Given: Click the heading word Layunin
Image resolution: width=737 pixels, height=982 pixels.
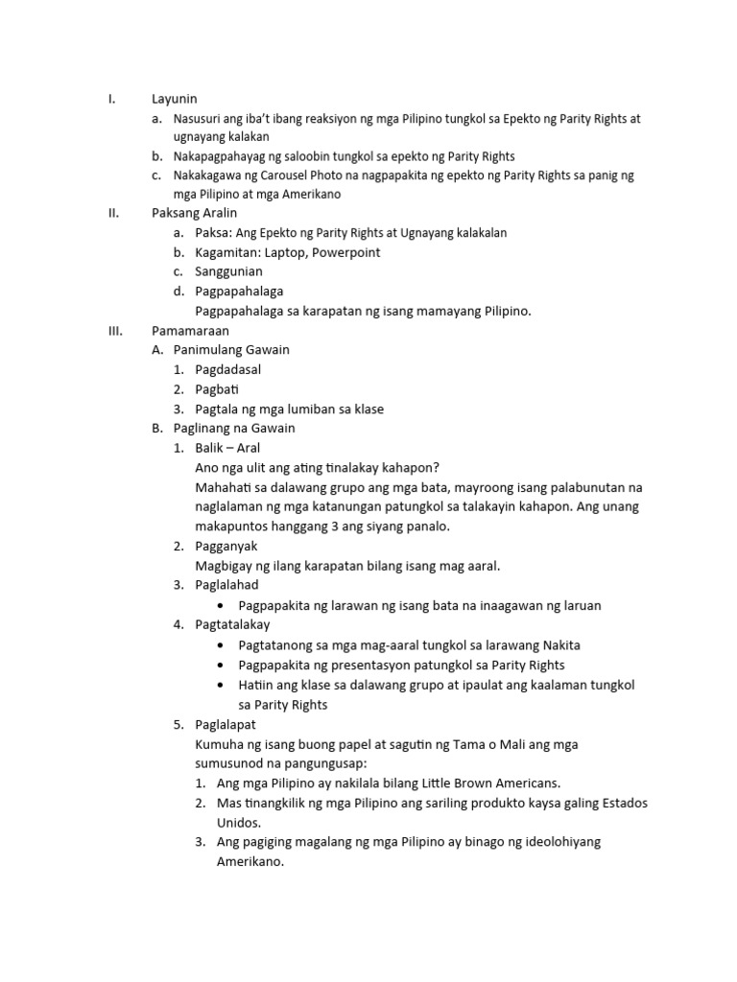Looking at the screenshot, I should point(174,98).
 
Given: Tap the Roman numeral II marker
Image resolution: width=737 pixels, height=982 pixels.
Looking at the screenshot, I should point(112,213).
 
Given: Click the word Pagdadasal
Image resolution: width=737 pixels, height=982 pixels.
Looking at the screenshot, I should point(227,369).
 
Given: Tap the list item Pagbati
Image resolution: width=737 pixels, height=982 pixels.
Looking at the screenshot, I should point(217,389).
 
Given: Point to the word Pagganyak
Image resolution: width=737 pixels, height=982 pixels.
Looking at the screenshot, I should point(226,546).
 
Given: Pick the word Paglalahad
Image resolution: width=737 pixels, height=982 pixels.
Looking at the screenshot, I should point(226,585).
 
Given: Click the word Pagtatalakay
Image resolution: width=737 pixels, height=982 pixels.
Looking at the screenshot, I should point(232,624).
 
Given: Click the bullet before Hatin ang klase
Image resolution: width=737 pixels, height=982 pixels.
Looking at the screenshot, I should point(222,685).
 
